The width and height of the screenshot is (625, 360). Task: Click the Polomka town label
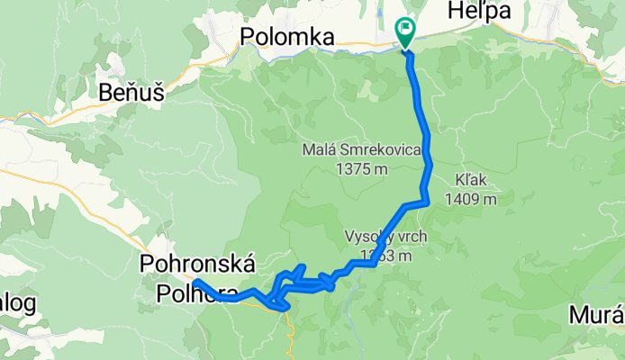click(x=287, y=37)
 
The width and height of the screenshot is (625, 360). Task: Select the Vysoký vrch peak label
click(x=385, y=238)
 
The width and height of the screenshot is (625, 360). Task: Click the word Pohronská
click(x=198, y=265)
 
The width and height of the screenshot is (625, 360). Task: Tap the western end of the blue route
click(x=195, y=283)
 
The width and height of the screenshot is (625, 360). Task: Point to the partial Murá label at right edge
click(x=596, y=316)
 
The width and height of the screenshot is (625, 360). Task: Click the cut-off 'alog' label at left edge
click(x=17, y=303)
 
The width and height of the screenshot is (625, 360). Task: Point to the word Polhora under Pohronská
click(x=198, y=293)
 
